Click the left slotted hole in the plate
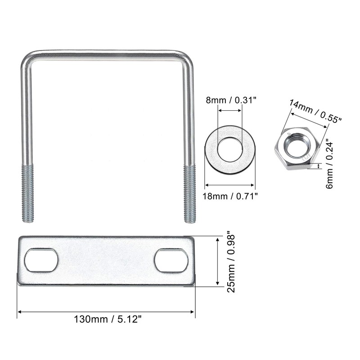pyautogui.click(x=41, y=261)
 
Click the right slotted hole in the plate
pyautogui.click(x=171, y=261)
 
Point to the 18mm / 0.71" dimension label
pyautogui.click(x=230, y=196)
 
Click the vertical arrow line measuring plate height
pyautogui.click(x=217, y=261)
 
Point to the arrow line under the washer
pyautogui.click(x=230, y=184)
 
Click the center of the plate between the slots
pyautogui.click(x=106, y=261)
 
